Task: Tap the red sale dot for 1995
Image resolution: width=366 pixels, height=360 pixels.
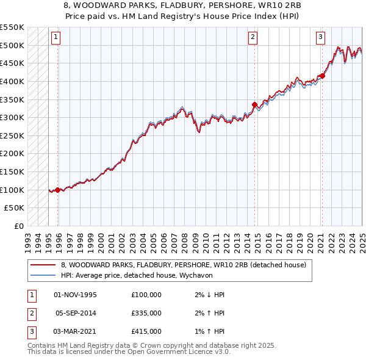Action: point(58,190)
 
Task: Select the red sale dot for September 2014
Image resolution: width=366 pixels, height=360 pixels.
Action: point(254,104)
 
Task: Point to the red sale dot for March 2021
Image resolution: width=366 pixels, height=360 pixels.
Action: point(322,76)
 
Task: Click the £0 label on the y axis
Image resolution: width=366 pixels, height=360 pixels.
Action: point(19,226)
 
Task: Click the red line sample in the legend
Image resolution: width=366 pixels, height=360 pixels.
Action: point(43,265)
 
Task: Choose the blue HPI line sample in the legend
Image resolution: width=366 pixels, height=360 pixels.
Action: point(43,275)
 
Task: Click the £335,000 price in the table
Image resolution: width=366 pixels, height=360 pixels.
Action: point(146,313)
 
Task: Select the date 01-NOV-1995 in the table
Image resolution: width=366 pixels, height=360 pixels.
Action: point(76,295)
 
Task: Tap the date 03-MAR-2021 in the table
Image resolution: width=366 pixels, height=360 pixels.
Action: point(76,331)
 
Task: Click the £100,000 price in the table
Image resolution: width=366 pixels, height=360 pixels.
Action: point(146,295)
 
